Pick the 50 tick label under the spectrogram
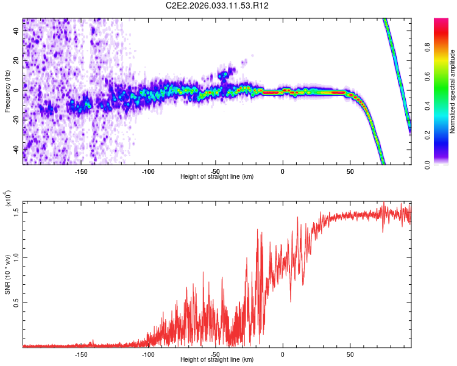[350, 171]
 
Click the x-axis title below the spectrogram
[217, 177]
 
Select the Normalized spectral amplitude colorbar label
[453, 91]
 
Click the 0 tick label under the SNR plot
[283, 354]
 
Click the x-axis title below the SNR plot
[217, 360]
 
